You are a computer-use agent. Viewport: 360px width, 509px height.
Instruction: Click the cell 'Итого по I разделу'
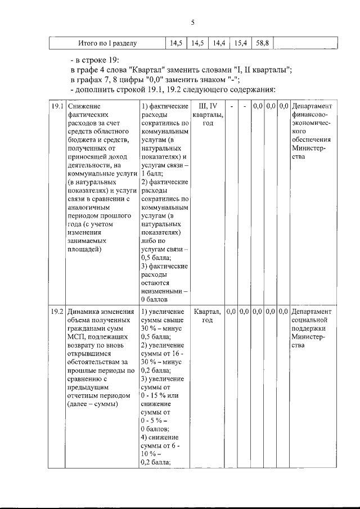[107, 43]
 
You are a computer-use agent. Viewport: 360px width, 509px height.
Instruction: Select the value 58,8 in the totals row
[262, 43]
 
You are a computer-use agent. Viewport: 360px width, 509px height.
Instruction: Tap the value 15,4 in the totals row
[241, 43]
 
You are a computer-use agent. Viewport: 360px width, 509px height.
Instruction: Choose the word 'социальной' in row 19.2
[310, 320]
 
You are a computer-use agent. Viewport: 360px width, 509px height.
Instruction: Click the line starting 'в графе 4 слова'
[181, 70]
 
